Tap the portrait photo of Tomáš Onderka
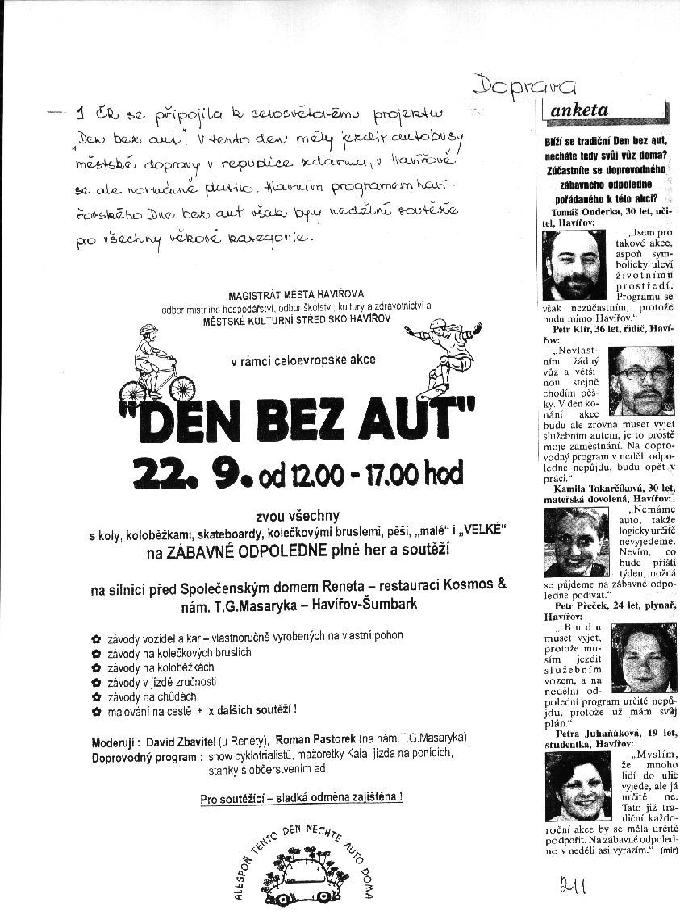coord(573,265)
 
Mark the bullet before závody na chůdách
coord(97,696)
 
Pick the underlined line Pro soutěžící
coord(302,798)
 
